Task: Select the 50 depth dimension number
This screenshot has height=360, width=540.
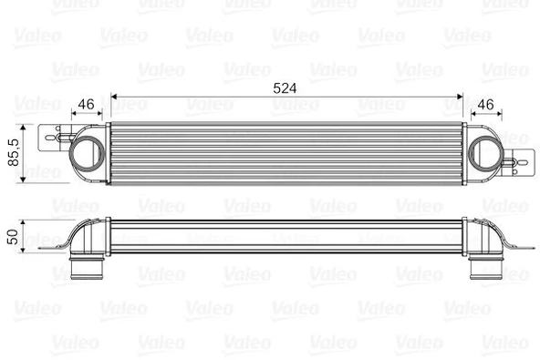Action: [x=12, y=235]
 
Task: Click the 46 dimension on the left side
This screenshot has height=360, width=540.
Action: [x=88, y=104]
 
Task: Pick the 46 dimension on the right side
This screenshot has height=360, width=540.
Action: [x=486, y=104]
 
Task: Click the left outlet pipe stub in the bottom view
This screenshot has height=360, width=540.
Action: [x=87, y=271]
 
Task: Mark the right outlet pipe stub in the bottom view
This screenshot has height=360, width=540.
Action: [x=483, y=271]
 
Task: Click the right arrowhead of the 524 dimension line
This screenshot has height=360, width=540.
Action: [x=462, y=95]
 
